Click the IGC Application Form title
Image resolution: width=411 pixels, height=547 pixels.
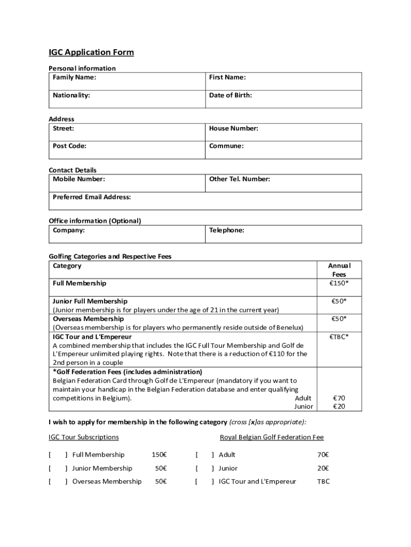91,52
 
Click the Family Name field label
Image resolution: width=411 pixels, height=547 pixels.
74,77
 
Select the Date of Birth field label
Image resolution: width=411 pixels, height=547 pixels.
231,95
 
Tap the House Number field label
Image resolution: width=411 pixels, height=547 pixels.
234,128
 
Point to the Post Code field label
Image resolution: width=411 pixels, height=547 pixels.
69,146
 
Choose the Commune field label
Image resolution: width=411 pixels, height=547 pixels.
226,146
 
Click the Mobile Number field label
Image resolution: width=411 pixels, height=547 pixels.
78,179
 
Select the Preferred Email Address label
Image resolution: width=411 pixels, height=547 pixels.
92,197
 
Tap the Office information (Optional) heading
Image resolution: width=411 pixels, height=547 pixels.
95,221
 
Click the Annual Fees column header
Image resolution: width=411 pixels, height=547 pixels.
339,270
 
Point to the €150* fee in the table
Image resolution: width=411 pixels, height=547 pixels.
338,283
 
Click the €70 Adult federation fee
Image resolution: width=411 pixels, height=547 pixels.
339,398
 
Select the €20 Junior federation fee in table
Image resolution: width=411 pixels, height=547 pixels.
339,407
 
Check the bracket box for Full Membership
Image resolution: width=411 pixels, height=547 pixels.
58,455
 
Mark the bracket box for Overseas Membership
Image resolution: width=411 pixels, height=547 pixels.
58,482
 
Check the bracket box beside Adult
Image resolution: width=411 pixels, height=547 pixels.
205,455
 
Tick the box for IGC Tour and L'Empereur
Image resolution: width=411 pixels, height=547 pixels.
205,482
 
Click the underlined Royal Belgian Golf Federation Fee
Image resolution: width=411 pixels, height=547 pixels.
272,437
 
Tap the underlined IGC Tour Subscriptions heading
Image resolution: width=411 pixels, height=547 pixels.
84,437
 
